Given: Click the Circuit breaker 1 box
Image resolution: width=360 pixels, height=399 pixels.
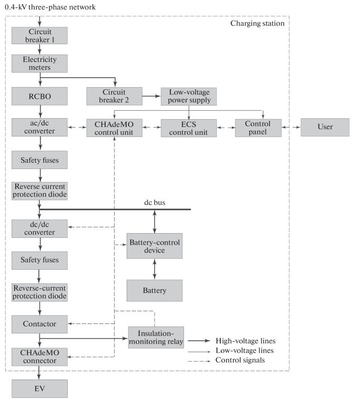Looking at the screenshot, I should pos(40,36).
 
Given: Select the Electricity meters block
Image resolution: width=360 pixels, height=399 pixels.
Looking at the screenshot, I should pos(40,64).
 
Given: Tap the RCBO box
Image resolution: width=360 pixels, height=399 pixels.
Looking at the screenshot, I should pos(40,96).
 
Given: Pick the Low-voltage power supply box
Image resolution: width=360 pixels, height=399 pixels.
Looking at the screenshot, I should pos(189,96).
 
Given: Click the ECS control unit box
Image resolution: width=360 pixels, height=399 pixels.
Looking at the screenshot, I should pos(189,128).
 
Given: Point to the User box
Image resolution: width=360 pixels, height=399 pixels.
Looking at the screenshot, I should pos(324,128).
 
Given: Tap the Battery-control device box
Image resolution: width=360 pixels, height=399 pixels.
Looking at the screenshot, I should pos(154,246).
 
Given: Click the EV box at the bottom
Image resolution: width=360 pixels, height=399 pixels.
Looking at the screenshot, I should pos(40,388).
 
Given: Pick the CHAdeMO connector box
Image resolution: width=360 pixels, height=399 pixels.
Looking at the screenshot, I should pos(40,356).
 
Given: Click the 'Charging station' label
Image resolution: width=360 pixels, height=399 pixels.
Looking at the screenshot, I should pos(258,24).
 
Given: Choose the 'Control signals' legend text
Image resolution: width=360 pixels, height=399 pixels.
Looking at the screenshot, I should pos(240,360).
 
